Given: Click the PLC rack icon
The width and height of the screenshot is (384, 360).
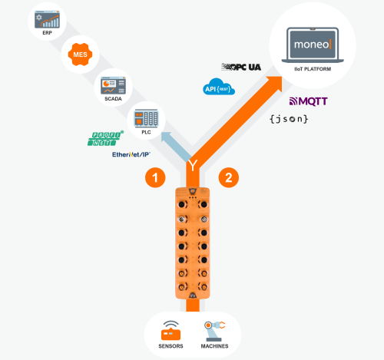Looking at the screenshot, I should coord(144,118).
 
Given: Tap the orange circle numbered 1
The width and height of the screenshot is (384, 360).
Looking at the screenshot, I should coord(156,178).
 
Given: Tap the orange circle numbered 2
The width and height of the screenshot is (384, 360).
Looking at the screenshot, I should coord(227,178).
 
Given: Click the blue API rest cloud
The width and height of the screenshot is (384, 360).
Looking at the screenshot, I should coord(219,88).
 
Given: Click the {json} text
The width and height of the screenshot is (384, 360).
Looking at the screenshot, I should coord(289,119).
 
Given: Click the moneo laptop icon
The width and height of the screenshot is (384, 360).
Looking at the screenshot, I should coord(313,45).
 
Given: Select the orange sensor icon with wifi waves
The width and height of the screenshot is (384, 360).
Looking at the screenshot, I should coord(170,329).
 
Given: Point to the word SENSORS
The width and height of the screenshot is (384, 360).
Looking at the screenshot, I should coord(170,346).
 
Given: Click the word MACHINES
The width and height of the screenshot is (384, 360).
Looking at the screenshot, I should coord(213,346).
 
